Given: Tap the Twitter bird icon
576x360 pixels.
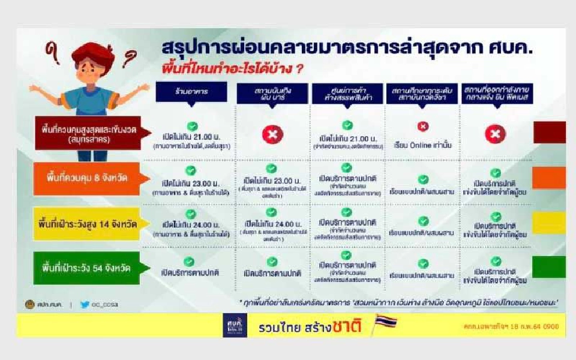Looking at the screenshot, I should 85,305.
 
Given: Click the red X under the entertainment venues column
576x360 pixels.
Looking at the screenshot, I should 272,135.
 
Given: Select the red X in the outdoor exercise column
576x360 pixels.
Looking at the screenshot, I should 495,134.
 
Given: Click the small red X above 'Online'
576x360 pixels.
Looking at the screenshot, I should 423,127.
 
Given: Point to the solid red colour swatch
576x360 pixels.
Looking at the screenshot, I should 549,132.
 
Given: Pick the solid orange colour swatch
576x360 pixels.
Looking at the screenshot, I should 549,178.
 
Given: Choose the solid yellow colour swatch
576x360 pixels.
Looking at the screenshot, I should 549,223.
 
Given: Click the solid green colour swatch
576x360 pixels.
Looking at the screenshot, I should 549,267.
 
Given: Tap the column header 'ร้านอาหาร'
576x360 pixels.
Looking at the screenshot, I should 191,92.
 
